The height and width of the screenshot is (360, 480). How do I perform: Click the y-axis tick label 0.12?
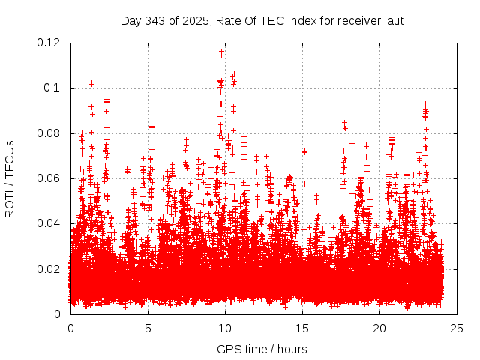49,43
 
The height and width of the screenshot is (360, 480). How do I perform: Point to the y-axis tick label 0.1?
52,88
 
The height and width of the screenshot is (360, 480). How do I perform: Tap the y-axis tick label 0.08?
49,133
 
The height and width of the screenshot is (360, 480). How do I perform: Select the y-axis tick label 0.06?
49,178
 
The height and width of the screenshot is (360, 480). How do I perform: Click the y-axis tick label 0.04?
49,223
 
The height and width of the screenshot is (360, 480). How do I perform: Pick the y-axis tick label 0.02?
49,268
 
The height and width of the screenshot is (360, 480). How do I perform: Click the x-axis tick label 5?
148,328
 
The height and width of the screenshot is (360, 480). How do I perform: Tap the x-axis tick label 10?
225,328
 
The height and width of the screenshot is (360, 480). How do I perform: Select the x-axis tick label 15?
302,328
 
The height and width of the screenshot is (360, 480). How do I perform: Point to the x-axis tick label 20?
380,328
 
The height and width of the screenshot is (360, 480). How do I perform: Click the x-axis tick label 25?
457,328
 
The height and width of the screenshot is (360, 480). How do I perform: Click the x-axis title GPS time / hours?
262,349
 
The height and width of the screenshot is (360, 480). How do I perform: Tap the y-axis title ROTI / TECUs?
10,178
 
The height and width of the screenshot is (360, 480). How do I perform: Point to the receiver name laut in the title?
393,20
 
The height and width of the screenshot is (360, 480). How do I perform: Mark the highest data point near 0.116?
221,52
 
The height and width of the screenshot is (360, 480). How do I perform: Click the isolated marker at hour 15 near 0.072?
304,151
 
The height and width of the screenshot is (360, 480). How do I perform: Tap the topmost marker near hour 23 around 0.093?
425,104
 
